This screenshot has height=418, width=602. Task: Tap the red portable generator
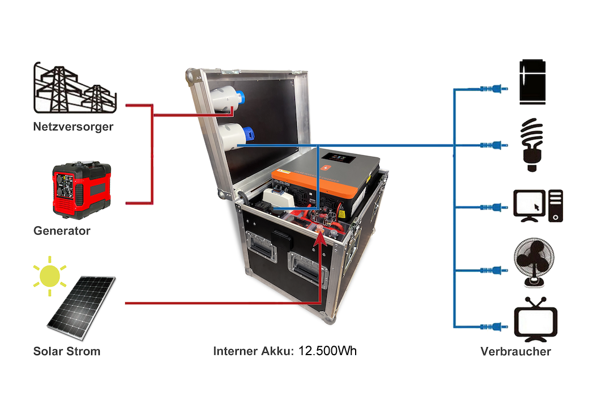pyautogui.click(x=81, y=190)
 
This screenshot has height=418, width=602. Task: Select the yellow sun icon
pyautogui.click(x=49, y=275)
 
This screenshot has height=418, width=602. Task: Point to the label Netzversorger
pyautogui.click(x=72, y=127)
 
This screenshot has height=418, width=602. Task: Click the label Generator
pyautogui.click(x=62, y=231)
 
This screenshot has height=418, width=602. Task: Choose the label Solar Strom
pyautogui.click(x=67, y=351)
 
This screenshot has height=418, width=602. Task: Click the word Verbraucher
pyautogui.click(x=515, y=352)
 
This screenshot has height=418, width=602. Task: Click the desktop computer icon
pyautogui.click(x=537, y=206)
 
